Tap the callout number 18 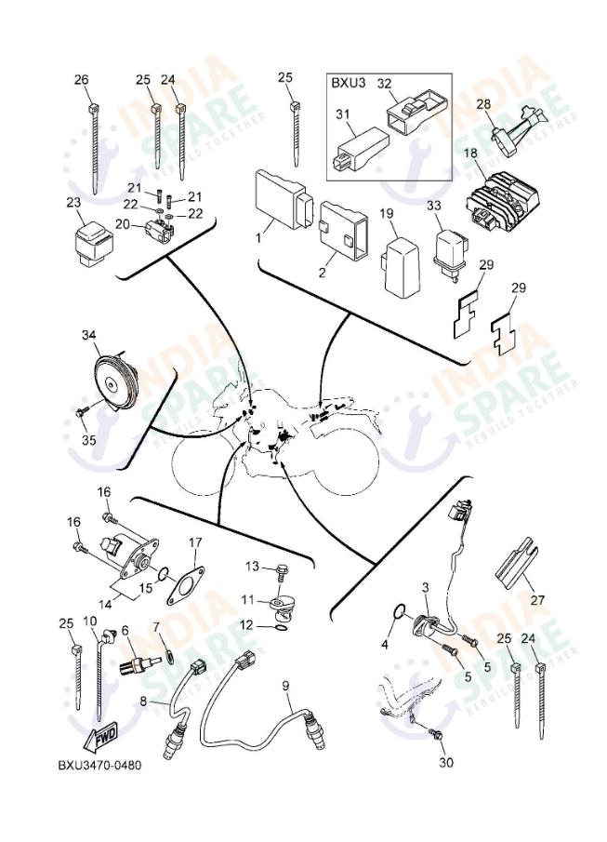pyautogui.click(x=470, y=153)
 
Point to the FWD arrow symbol pyautogui.click(x=101, y=738)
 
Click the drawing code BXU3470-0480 pyautogui.click(x=99, y=767)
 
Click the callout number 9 pyautogui.click(x=286, y=686)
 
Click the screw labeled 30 pyautogui.click(x=434, y=736)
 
